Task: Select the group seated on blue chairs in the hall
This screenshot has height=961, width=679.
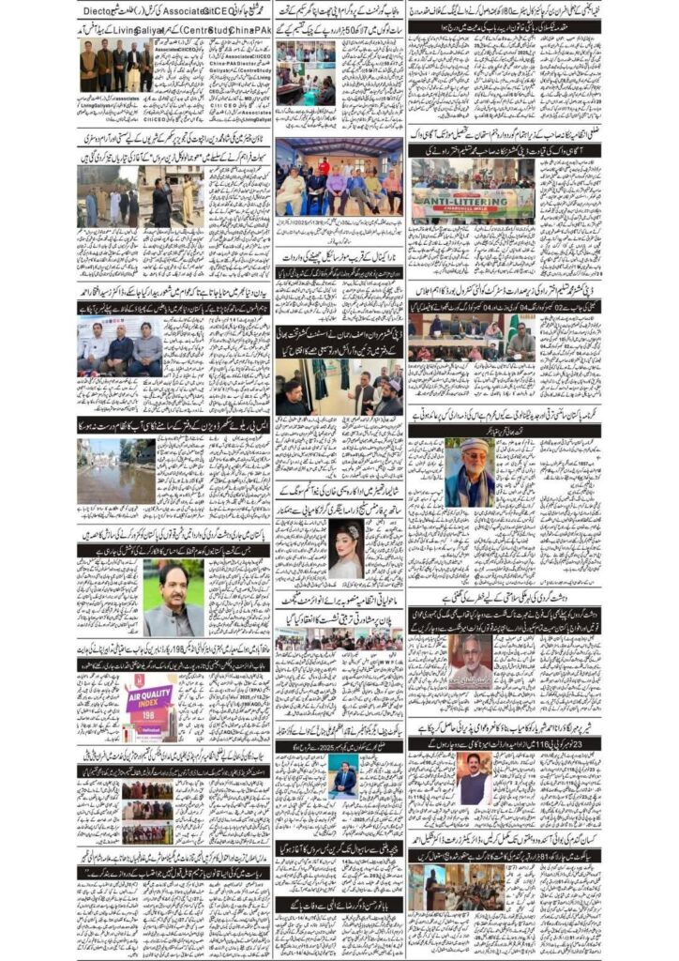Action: (x=338, y=188)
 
